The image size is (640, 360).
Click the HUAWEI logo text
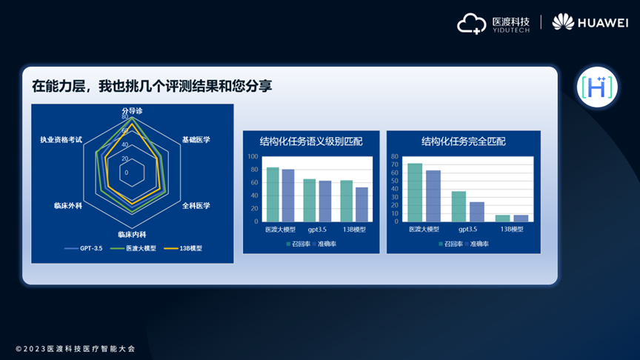click(x=603, y=23)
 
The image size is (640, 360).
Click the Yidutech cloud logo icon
click(x=471, y=24)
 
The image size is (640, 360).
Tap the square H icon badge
click(x=597, y=87)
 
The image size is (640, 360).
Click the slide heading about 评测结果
click(x=152, y=86)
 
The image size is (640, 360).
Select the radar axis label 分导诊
click(x=132, y=111)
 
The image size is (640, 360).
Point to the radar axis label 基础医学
click(x=196, y=139)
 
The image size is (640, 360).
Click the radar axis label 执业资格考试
click(x=61, y=139)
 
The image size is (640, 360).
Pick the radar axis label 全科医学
click(x=196, y=206)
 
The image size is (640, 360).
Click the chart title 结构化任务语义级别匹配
click(x=311, y=141)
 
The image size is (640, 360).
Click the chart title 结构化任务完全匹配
click(x=463, y=141)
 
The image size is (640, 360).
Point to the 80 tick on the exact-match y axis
click(x=395, y=157)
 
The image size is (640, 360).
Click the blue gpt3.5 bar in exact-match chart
click(x=477, y=211)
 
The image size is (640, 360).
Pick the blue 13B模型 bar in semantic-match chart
click(x=361, y=204)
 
